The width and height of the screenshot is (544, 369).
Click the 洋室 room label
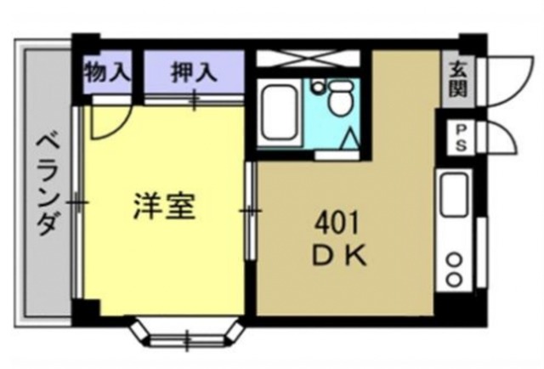(x=165, y=207)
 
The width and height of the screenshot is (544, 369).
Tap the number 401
(x=336, y=224)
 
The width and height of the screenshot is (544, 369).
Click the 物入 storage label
(x=107, y=74)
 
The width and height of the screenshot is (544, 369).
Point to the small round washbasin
(x=317, y=87)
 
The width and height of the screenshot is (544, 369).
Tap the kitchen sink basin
(x=453, y=196)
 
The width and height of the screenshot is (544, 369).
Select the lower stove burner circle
(x=454, y=278)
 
